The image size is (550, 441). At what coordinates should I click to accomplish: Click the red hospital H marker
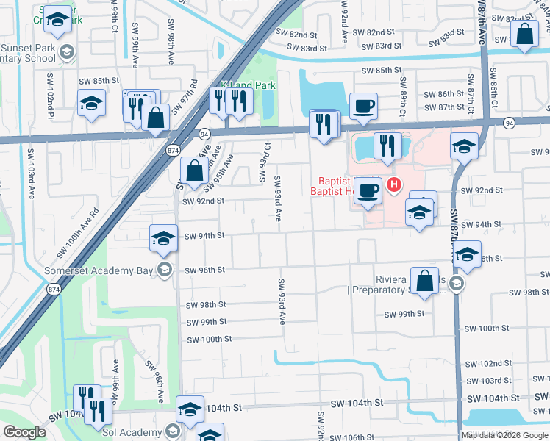click(395, 184)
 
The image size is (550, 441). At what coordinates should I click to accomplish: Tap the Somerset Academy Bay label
click(104, 270)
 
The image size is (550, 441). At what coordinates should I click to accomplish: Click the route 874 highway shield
click(173, 150)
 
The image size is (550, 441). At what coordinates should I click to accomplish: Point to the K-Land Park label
click(248, 85)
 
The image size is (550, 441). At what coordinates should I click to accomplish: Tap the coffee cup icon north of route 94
click(364, 107)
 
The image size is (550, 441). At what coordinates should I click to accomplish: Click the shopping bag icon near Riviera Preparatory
click(425, 282)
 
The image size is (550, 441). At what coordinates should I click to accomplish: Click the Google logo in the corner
click(24, 432)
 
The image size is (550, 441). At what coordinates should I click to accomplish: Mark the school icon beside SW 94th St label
click(164, 237)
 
